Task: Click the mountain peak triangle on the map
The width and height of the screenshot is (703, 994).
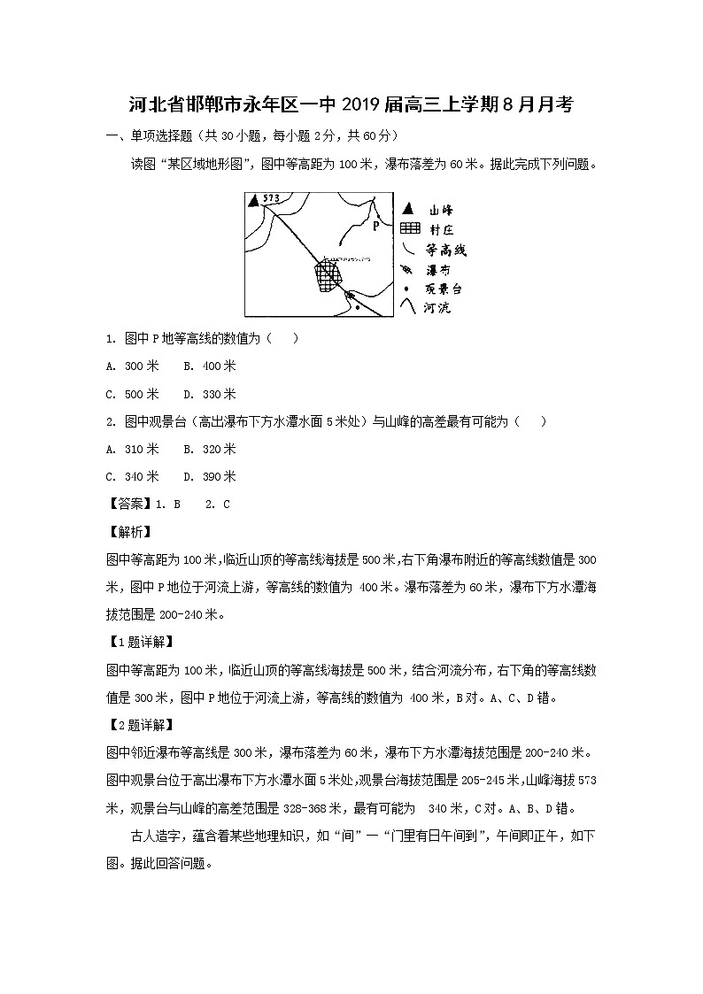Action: (x=254, y=201)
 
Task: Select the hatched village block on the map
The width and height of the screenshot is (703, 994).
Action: (x=328, y=276)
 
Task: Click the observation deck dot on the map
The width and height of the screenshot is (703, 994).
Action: (x=357, y=307)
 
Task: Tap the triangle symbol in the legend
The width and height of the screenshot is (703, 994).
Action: (x=407, y=210)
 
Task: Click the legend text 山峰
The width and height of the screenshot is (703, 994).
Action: (x=441, y=211)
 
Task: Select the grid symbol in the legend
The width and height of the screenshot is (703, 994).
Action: (x=408, y=229)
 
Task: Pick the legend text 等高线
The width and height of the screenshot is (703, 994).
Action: (x=446, y=250)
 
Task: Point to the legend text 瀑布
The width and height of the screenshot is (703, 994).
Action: (x=440, y=269)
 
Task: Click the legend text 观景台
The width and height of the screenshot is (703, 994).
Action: (x=445, y=289)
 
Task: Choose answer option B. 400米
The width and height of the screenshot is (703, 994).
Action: (x=210, y=366)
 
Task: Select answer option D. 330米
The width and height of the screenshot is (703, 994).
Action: (x=210, y=394)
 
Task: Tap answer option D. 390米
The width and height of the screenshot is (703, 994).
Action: (x=210, y=476)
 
